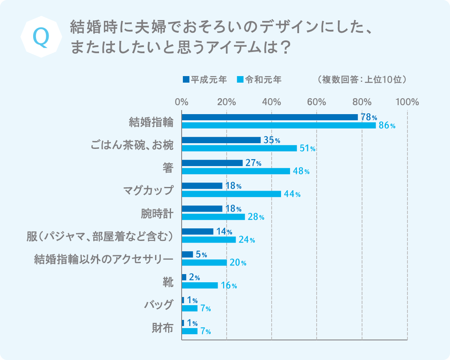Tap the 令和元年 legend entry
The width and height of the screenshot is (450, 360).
259,79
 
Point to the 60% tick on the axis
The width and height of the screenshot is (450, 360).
317,102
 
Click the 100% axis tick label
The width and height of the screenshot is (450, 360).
407,102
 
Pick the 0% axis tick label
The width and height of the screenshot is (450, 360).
182,102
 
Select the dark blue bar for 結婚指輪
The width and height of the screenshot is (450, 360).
270,117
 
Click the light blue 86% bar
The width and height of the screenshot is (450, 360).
279,126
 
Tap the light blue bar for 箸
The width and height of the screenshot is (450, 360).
236,171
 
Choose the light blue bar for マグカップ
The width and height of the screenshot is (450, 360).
231,194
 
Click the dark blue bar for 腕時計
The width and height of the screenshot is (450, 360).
202,209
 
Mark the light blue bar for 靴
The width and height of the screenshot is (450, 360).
200,285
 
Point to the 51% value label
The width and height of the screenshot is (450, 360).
307,148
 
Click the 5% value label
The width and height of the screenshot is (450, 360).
201,254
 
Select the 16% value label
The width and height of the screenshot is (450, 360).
229,286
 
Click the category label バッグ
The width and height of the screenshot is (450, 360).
159,305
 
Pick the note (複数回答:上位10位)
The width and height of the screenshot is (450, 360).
362,79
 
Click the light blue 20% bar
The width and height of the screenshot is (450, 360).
204,263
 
